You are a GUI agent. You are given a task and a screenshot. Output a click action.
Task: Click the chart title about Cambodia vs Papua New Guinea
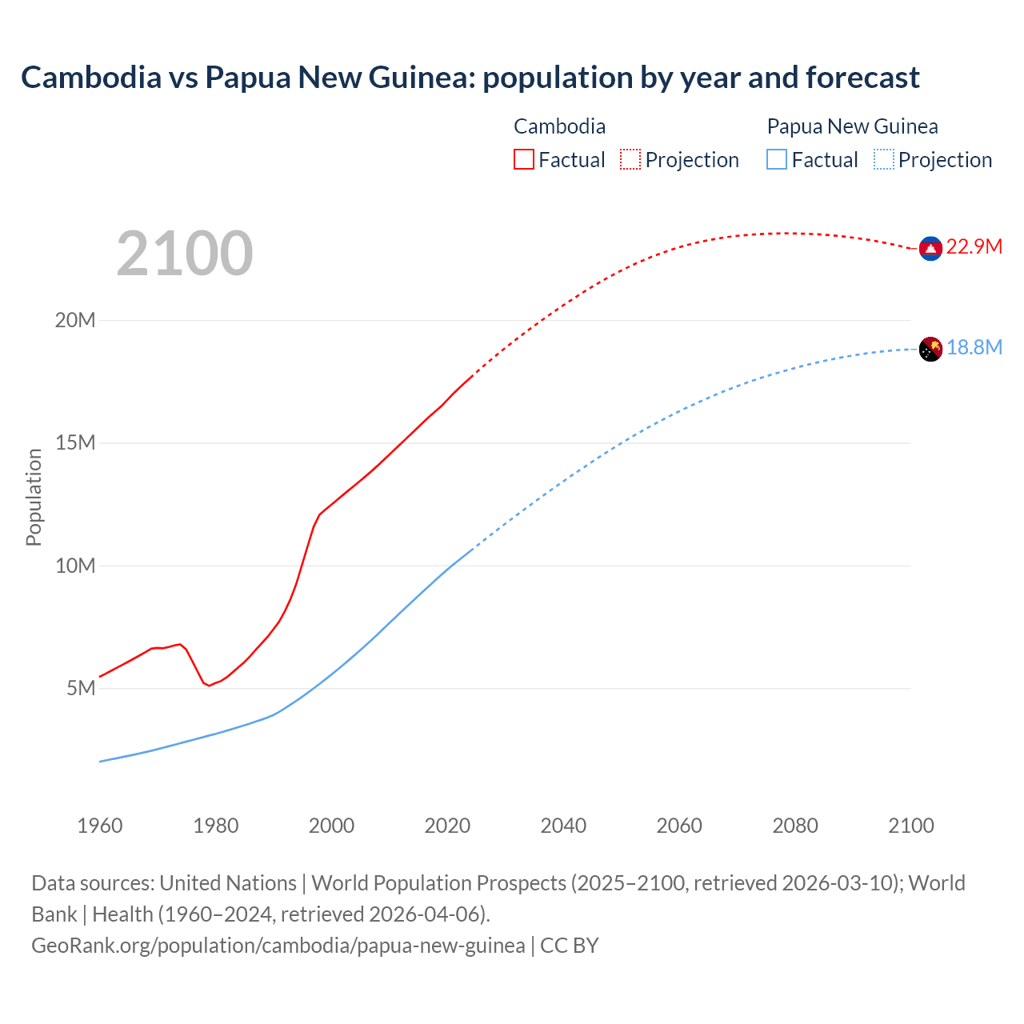pos(470,78)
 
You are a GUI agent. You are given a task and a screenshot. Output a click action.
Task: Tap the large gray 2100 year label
pos(185,254)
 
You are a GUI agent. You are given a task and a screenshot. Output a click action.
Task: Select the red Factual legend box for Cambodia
pos(523,159)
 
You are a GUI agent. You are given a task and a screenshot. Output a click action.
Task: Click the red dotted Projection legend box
pos(630,159)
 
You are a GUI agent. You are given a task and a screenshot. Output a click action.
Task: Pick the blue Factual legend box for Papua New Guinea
pos(776,159)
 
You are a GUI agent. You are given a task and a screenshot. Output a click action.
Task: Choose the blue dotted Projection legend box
pos(883,159)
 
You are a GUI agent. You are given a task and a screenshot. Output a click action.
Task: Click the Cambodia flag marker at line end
pos(930,249)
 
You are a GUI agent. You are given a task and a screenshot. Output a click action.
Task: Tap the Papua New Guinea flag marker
pos(930,349)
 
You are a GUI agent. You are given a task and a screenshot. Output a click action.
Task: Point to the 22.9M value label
pos(974,246)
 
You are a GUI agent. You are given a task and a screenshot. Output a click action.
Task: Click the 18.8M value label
pos(974,347)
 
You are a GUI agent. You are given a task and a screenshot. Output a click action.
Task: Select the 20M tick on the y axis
pos(75,320)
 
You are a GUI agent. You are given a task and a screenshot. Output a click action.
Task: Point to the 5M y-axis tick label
pos(81,688)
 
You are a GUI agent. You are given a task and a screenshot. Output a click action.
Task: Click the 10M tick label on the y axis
pos(75,566)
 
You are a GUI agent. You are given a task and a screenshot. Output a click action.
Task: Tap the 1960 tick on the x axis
pos(100,826)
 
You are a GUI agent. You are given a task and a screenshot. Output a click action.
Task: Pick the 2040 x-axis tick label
pos(563,826)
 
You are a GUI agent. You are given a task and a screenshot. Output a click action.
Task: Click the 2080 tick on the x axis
pos(795,826)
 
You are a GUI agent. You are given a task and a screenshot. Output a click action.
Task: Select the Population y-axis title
pos(34,497)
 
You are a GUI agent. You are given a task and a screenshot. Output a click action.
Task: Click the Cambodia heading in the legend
pos(559,126)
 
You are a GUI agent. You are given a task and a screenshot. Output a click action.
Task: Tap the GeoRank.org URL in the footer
pos(278,946)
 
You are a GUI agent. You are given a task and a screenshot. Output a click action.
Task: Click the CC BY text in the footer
pos(570,946)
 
